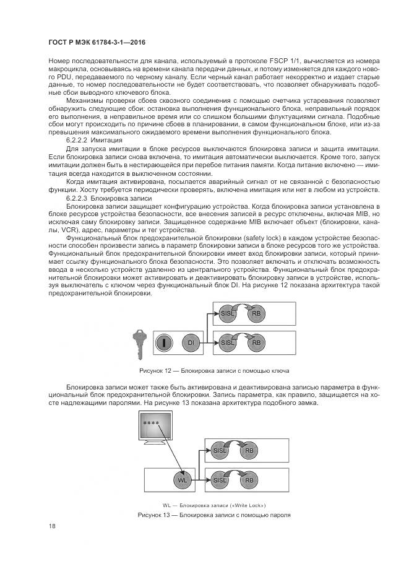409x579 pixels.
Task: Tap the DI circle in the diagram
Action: (191, 342)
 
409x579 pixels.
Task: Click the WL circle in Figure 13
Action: (182, 480)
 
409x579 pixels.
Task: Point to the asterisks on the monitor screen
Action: (151, 423)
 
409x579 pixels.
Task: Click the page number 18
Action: (53, 526)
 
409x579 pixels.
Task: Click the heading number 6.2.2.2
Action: (79, 141)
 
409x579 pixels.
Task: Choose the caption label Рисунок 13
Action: (156, 515)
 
